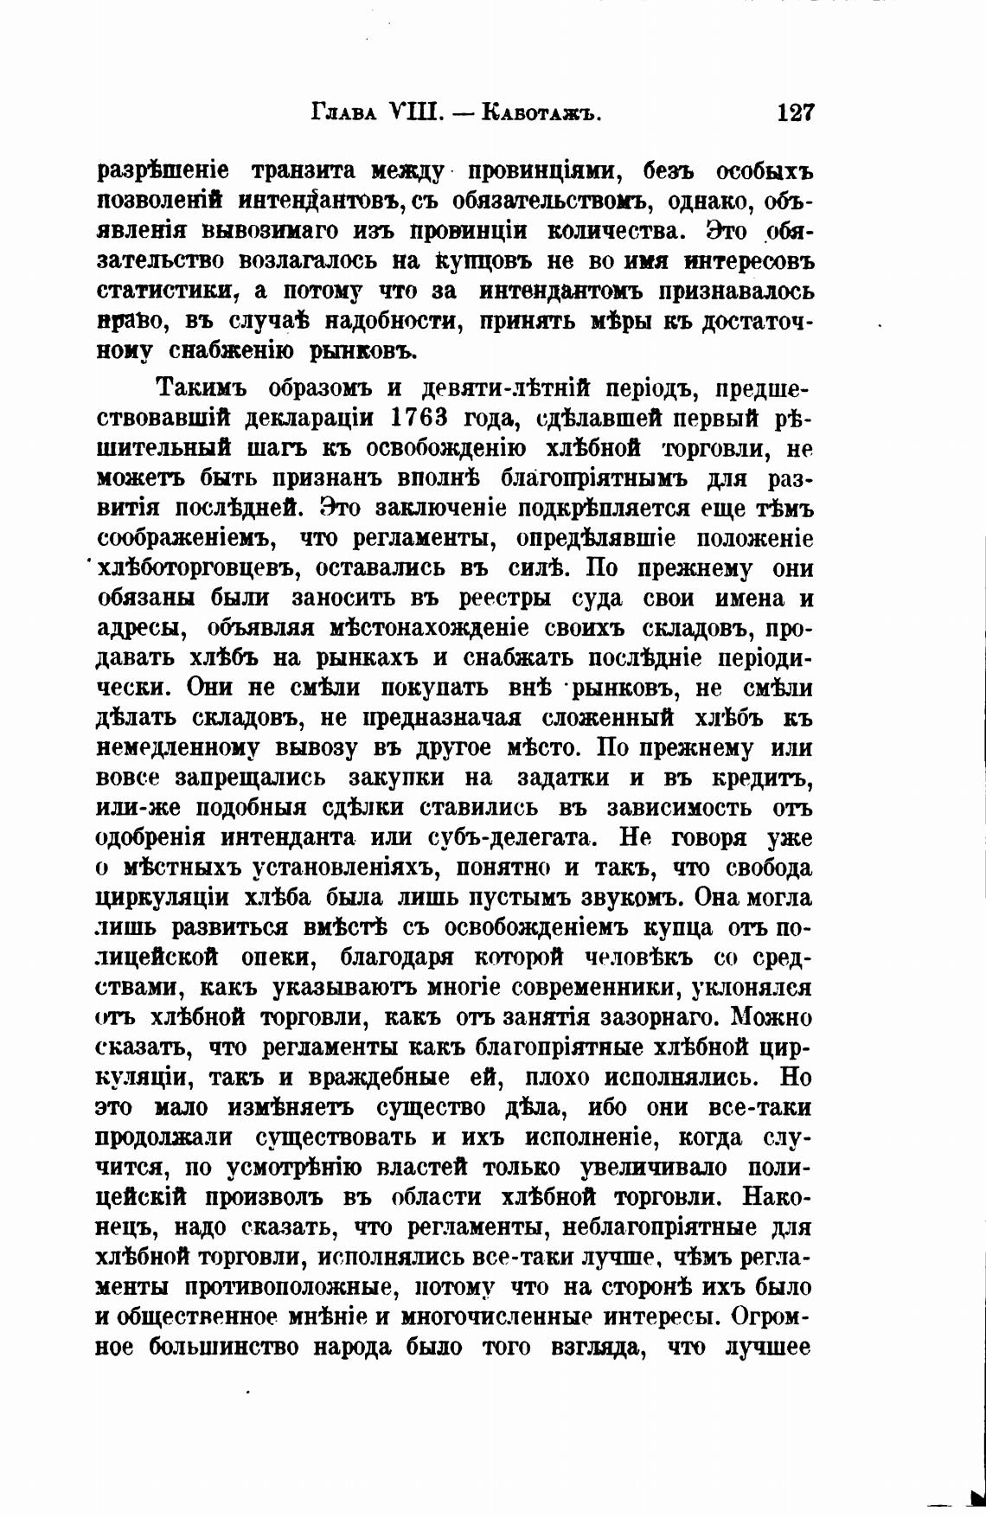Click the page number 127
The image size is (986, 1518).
coord(795,113)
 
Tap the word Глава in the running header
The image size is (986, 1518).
coord(341,113)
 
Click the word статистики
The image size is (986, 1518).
coord(169,290)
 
